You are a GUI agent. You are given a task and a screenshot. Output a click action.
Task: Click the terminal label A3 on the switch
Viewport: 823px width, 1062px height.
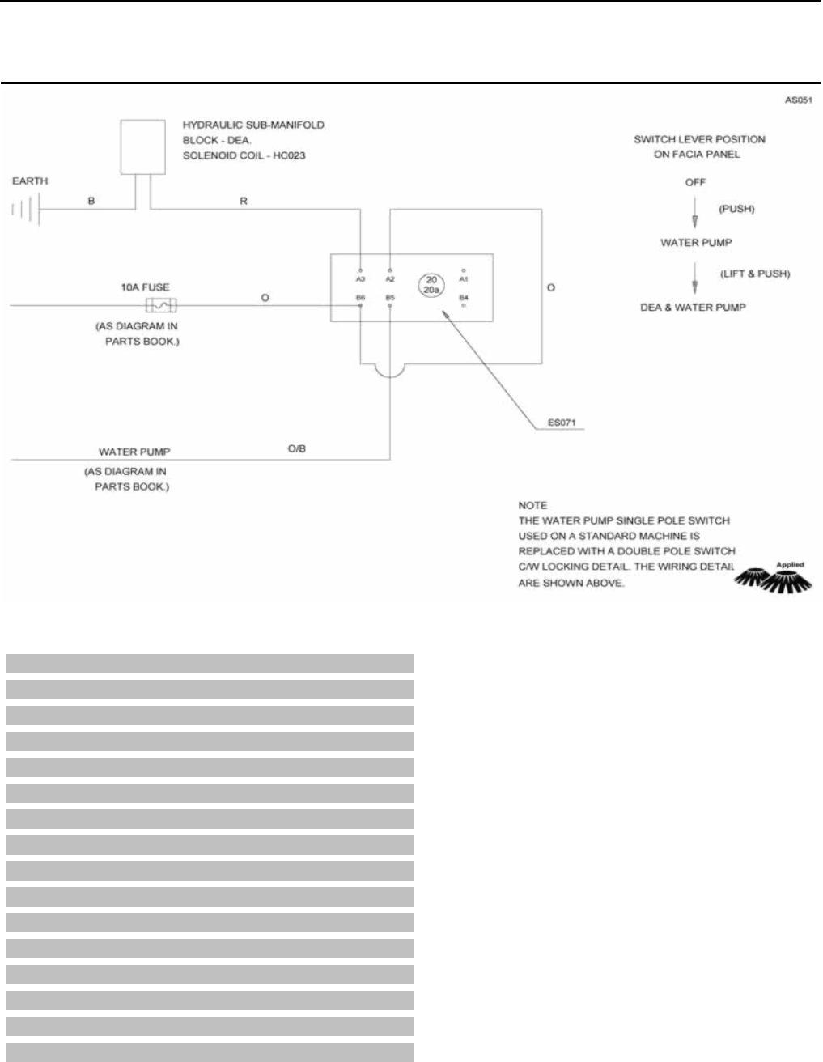click(361, 278)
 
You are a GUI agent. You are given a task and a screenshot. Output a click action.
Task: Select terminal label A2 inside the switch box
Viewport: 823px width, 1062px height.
click(390, 278)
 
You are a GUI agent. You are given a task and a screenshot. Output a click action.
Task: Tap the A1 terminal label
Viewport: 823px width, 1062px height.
click(464, 278)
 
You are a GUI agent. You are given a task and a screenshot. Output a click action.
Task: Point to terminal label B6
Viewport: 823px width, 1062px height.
click(361, 298)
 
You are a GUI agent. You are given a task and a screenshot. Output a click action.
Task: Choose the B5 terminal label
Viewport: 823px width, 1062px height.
click(390, 298)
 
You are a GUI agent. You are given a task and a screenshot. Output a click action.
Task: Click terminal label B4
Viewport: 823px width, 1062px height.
click(464, 298)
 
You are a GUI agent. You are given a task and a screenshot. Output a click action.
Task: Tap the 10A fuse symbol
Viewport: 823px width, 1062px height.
click(162, 306)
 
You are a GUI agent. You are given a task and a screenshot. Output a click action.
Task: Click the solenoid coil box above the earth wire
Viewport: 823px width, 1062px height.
click(142, 147)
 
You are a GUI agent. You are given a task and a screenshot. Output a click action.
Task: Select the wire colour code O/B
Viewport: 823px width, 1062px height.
click(297, 449)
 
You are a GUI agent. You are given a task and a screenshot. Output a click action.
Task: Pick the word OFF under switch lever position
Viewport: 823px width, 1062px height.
click(695, 182)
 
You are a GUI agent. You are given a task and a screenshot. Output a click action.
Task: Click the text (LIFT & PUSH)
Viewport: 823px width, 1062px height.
click(754, 274)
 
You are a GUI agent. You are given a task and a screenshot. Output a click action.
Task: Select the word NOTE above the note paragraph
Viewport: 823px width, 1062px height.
click(532, 504)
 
